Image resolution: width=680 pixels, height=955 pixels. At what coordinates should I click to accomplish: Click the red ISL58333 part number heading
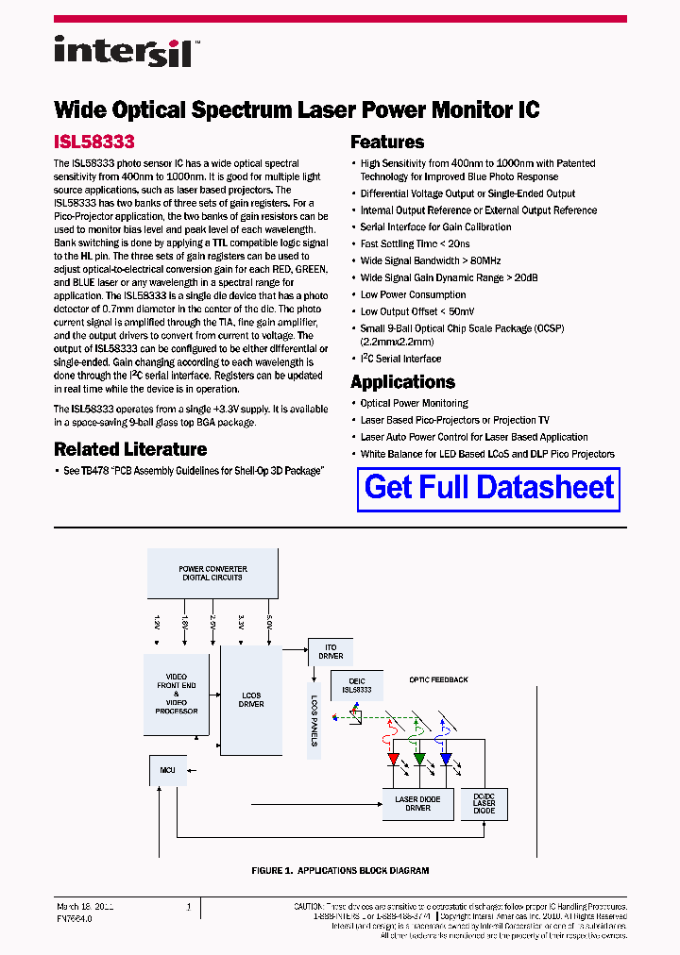tap(94, 142)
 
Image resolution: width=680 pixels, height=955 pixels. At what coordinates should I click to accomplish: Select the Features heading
tap(387, 142)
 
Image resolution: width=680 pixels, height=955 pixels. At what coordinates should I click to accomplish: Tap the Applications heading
tap(402, 382)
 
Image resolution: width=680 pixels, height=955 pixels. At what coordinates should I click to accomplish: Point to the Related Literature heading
tap(130, 449)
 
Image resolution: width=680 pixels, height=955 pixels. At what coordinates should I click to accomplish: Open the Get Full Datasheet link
tap(489, 487)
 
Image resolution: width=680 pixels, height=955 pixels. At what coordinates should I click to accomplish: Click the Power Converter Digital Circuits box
tap(212, 573)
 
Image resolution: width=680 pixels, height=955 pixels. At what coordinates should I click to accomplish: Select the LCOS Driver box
tap(251, 699)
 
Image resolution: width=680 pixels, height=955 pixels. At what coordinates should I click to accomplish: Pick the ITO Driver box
tap(331, 651)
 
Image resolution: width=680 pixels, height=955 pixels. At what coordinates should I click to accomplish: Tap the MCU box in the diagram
tap(167, 770)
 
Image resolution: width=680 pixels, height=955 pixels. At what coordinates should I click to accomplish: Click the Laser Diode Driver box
tap(416, 804)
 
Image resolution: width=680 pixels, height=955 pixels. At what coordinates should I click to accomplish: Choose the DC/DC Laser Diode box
tap(484, 804)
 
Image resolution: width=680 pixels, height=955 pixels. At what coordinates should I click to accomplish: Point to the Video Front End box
tap(176, 694)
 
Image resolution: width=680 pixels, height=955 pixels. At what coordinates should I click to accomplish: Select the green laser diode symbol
tap(419, 758)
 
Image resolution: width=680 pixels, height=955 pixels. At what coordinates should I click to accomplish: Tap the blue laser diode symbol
tap(446, 758)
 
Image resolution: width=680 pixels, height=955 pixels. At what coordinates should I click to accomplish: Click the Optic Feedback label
tap(438, 679)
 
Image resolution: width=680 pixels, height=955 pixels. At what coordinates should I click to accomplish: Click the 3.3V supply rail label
tap(241, 622)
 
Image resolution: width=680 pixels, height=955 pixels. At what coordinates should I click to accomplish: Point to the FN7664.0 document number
tap(75, 917)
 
